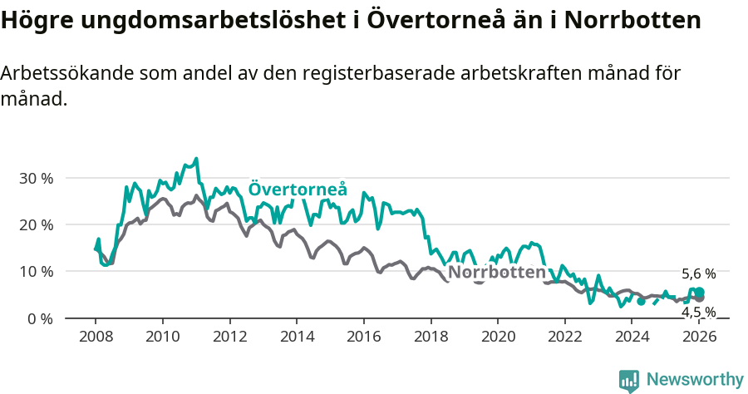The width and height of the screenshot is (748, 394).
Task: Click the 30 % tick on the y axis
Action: click(x=35, y=178)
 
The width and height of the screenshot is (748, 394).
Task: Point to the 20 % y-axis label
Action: click(x=35, y=224)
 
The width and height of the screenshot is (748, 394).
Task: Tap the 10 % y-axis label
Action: click(x=35, y=272)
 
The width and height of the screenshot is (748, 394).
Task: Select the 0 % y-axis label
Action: click(x=38, y=318)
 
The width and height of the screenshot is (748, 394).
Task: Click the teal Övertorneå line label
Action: click(x=298, y=190)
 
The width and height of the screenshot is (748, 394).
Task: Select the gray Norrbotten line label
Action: click(x=497, y=273)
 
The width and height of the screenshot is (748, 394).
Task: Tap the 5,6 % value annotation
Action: click(x=698, y=273)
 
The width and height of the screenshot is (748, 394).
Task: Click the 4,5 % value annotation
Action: click(x=698, y=312)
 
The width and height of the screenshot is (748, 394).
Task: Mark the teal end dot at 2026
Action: click(x=700, y=292)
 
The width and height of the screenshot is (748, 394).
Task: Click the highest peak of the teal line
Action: click(x=196, y=158)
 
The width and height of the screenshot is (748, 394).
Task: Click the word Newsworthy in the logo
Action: click(x=695, y=380)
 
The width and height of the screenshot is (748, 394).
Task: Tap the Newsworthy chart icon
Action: click(x=629, y=380)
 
